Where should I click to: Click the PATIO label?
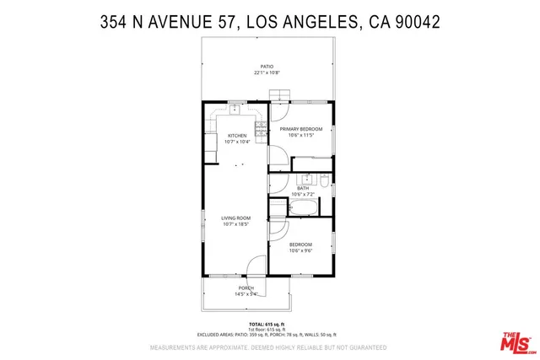tap(267, 66)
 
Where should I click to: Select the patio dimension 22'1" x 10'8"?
tap(267, 73)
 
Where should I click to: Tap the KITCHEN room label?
tap(236, 136)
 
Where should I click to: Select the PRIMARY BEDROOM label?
tap(301, 129)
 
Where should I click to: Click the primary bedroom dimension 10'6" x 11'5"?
tap(301, 136)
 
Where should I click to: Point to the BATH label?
tap(302, 188)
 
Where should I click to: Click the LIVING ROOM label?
tap(236, 218)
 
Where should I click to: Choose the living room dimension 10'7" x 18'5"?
tap(236, 225)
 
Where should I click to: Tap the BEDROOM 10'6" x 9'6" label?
tap(301, 247)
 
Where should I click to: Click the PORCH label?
tap(246, 287)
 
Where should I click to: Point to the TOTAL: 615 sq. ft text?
tap(267, 324)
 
